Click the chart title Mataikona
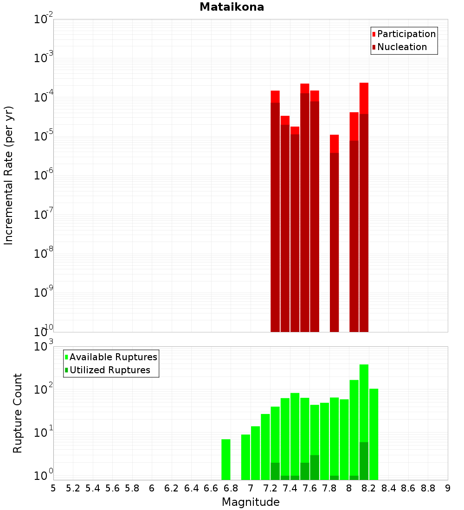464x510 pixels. pos(232,7)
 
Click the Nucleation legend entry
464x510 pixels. pos(401,47)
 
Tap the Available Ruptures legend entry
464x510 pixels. pos(113,357)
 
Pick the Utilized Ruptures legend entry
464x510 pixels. pos(110,370)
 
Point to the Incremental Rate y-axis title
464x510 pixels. pos(9,175)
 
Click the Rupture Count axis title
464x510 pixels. pos(18,413)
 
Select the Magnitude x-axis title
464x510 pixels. pos(251,502)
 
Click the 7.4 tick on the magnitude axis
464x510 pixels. pos(290,488)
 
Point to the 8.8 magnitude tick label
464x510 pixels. pos(428,488)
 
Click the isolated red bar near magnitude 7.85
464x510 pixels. pos(335,232)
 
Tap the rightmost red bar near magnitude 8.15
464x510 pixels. pos(364,209)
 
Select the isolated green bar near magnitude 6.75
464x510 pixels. pos(226,459)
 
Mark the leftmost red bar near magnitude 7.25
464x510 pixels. pos(275,209)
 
